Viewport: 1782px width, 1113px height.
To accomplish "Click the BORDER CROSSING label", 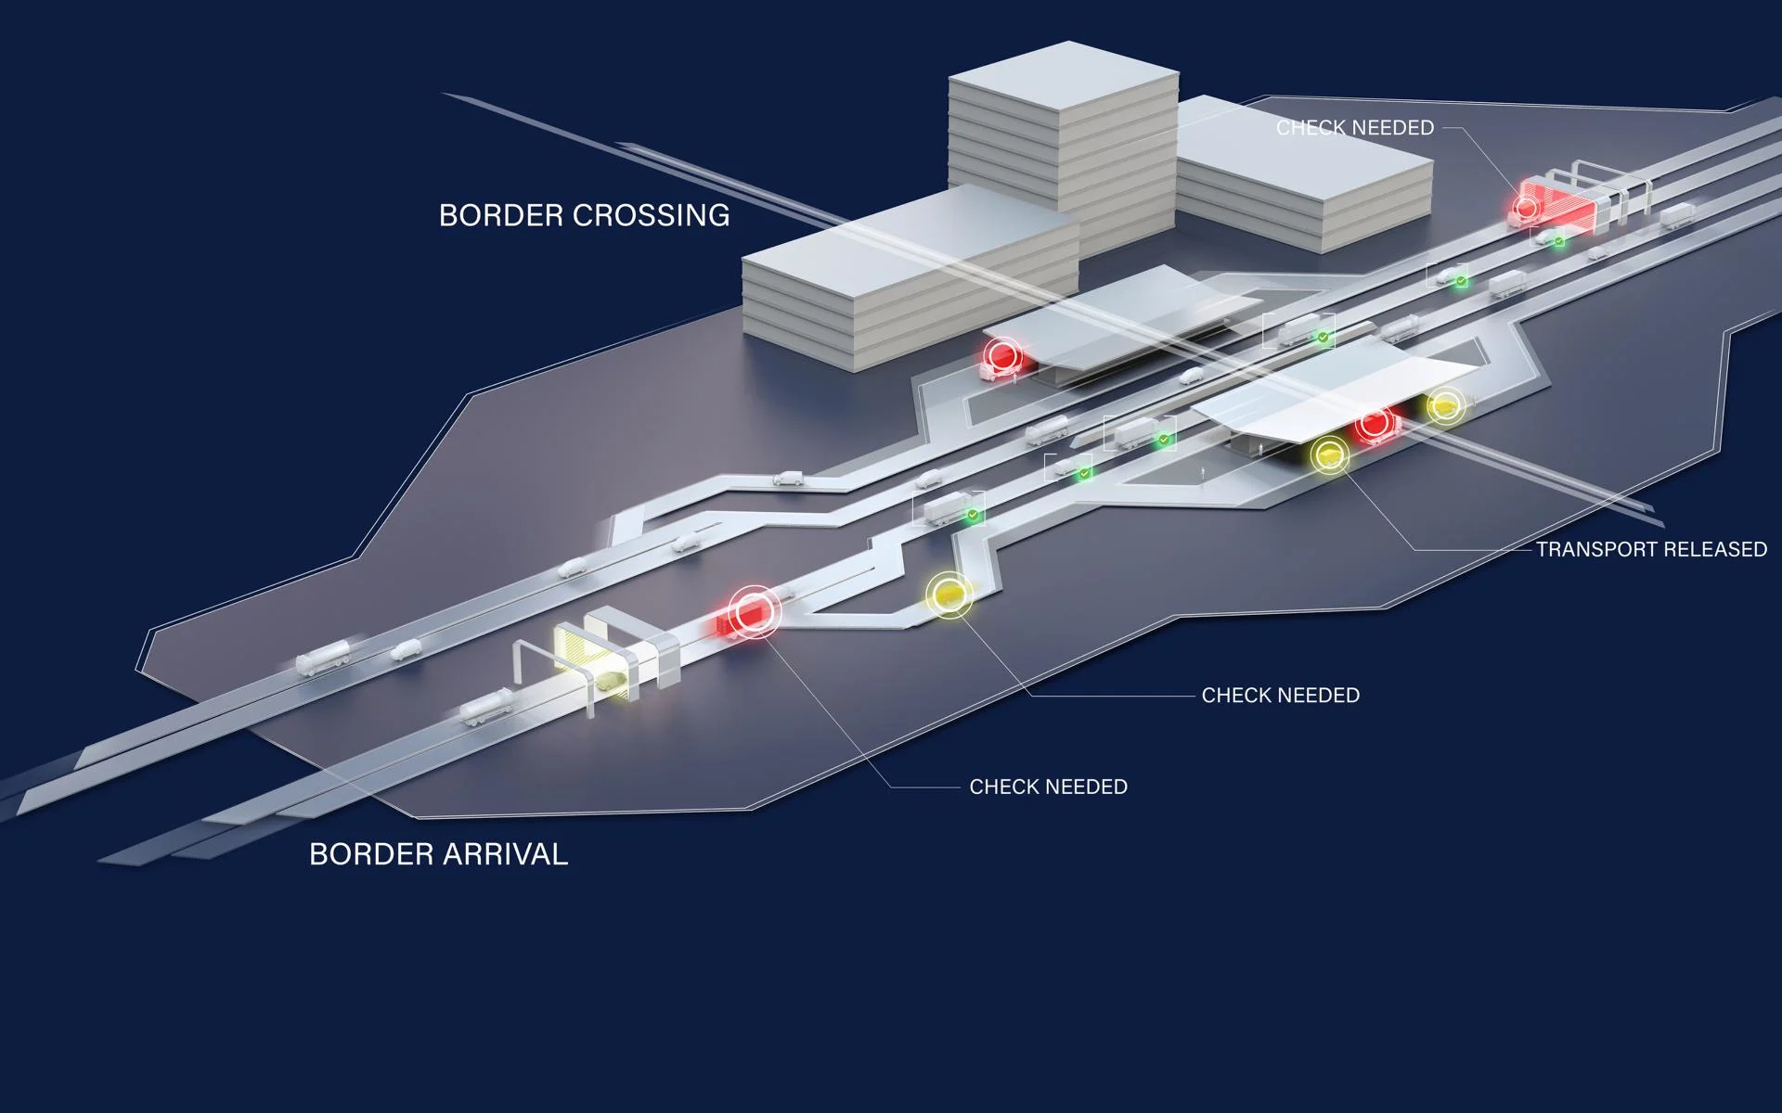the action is point(584,215).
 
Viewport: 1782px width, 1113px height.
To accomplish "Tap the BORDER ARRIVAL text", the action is point(438,853).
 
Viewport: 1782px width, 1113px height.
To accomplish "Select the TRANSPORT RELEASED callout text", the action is point(1651,549).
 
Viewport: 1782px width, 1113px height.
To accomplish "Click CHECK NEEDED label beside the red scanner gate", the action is point(1355,128).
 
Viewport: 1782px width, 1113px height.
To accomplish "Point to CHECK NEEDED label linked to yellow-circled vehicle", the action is point(1280,695).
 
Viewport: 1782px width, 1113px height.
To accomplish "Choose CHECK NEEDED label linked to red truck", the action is point(1048,787).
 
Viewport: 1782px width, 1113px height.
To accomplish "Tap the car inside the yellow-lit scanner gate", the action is point(609,683).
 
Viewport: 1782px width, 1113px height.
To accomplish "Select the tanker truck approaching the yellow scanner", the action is point(484,707).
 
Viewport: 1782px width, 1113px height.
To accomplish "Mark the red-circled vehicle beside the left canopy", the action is point(1000,359).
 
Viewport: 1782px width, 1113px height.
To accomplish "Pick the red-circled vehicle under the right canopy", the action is point(1376,425).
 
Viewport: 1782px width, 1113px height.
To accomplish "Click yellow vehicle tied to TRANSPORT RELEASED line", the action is point(1330,455).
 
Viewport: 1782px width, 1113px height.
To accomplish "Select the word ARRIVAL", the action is point(501,853).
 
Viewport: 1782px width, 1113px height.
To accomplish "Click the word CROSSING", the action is point(651,215).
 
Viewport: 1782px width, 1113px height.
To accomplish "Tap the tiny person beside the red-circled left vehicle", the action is point(1015,377).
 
